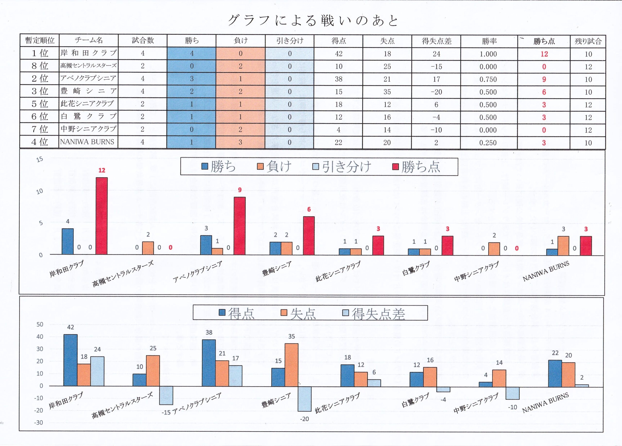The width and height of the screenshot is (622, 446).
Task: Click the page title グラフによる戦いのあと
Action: pyautogui.click(x=313, y=21)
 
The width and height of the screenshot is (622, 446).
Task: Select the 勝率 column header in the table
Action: pyautogui.click(x=489, y=41)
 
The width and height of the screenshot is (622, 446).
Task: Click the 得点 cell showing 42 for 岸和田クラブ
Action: pyautogui.click(x=338, y=54)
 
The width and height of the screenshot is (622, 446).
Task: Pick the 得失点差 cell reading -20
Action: pyautogui.click(x=436, y=92)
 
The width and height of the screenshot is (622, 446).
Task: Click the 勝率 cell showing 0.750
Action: pyautogui.click(x=488, y=79)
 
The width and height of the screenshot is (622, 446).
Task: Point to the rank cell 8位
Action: pyautogui.click(x=40, y=66)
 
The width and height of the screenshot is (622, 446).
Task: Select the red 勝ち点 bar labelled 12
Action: pyautogui.click(x=102, y=216)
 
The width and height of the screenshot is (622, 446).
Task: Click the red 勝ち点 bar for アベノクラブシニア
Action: pyautogui.click(x=240, y=226)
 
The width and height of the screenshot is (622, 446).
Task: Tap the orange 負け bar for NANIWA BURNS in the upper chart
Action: pyautogui.click(x=563, y=245)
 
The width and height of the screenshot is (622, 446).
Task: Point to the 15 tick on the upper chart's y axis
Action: pyautogui.click(x=40, y=159)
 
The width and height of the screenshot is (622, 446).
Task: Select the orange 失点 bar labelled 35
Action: pyautogui.click(x=292, y=365)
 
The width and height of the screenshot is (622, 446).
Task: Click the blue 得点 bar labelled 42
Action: pyautogui.click(x=70, y=360)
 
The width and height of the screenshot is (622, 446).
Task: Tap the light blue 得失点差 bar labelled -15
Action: pyautogui.click(x=166, y=395)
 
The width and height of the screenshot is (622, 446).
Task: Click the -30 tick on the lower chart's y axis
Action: pyautogui.click(x=39, y=422)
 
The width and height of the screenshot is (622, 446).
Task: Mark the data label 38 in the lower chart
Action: pyautogui.click(x=209, y=333)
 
